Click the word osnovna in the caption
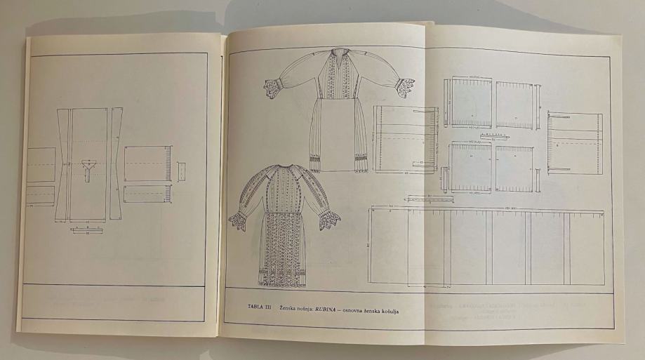coord(348,309)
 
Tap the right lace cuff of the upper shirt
coord(404,86)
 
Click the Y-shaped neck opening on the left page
coord(88,167)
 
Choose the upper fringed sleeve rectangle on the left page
coord(147,163)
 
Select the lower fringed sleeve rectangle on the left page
coord(147,194)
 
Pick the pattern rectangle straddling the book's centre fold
coord(406,138)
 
